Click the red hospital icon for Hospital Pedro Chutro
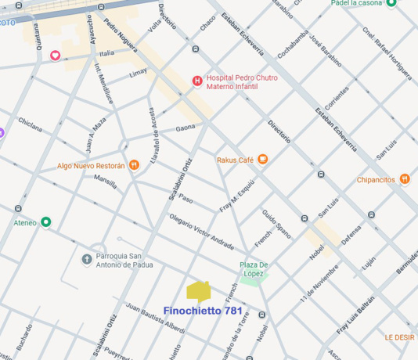click(x=197, y=81)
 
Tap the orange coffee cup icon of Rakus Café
click(x=263, y=160)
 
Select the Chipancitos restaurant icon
click(x=404, y=178)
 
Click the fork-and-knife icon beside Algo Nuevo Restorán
click(x=135, y=165)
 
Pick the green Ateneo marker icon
click(x=46, y=222)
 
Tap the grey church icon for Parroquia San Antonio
click(x=87, y=258)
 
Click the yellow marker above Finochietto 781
click(x=199, y=291)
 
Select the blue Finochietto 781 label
click(x=203, y=311)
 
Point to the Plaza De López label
click(x=254, y=269)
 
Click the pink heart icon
click(x=56, y=55)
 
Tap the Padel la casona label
click(x=357, y=4)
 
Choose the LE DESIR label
click(x=399, y=337)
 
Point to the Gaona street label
click(x=186, y=128)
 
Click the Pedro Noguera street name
click(x=120, y=34)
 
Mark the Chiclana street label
click(x=30, y=126)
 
